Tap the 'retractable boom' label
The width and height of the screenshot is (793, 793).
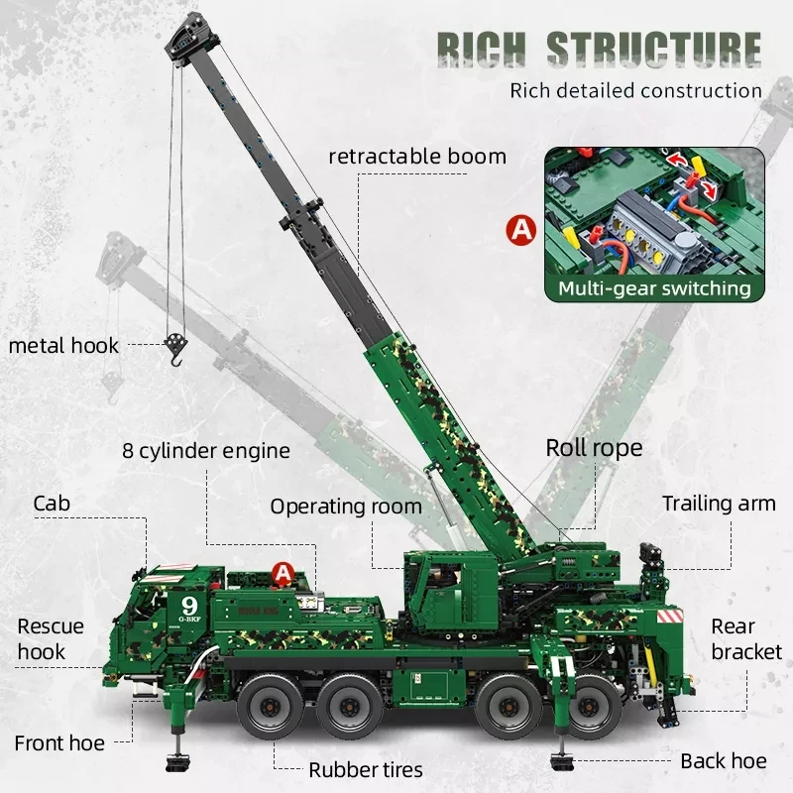[417, 156]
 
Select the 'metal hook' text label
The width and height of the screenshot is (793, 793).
[63, 346]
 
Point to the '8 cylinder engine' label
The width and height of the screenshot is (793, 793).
[206, 451]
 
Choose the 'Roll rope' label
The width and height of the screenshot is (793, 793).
[594, 447]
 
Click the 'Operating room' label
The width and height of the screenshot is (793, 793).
[346, 507]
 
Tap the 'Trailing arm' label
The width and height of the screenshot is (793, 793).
[719, 504]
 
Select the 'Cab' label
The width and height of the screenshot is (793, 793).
[52, 503]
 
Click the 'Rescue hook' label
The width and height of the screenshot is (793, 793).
[51, 638]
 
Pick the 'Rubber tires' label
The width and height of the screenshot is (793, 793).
[365, 769]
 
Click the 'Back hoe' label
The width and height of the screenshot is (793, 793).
[723, 761]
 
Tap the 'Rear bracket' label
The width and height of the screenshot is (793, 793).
[746, 638]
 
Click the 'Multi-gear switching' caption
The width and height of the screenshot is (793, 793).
[653, 288]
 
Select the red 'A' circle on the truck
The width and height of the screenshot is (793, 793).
[283, 573]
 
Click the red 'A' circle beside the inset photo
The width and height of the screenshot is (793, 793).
[519, 230]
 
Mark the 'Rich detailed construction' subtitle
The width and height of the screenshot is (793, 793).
[635, 91]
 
